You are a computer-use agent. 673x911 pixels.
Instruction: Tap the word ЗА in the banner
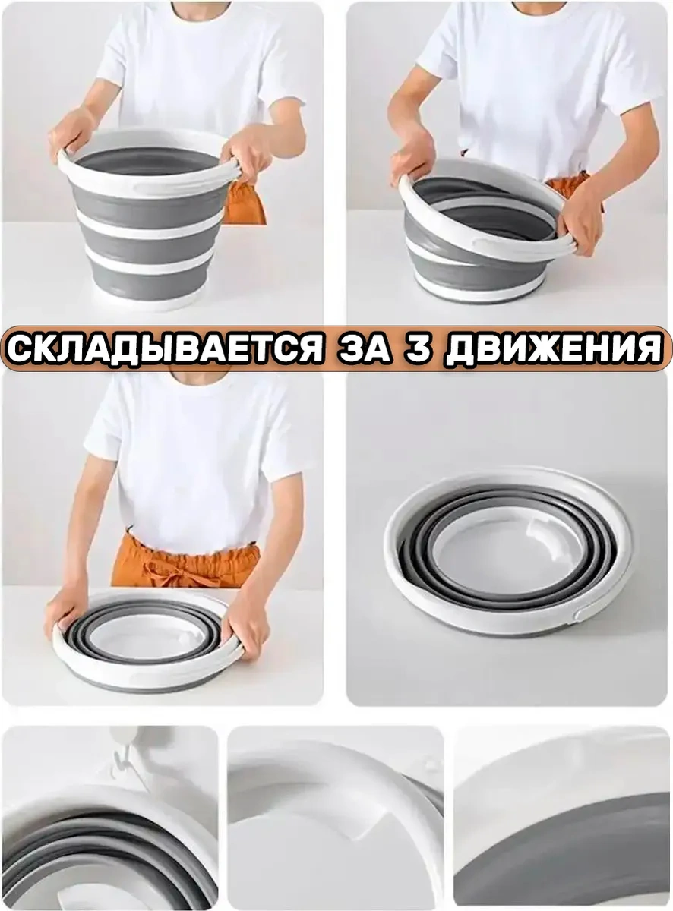click(x=363, y=348)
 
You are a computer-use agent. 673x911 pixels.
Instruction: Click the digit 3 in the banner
click(x=419, y=348)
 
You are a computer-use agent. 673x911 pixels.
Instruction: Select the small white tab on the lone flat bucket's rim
click(x=582, y=615)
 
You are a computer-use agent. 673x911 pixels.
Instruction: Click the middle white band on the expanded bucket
click(x=148, y=227)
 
